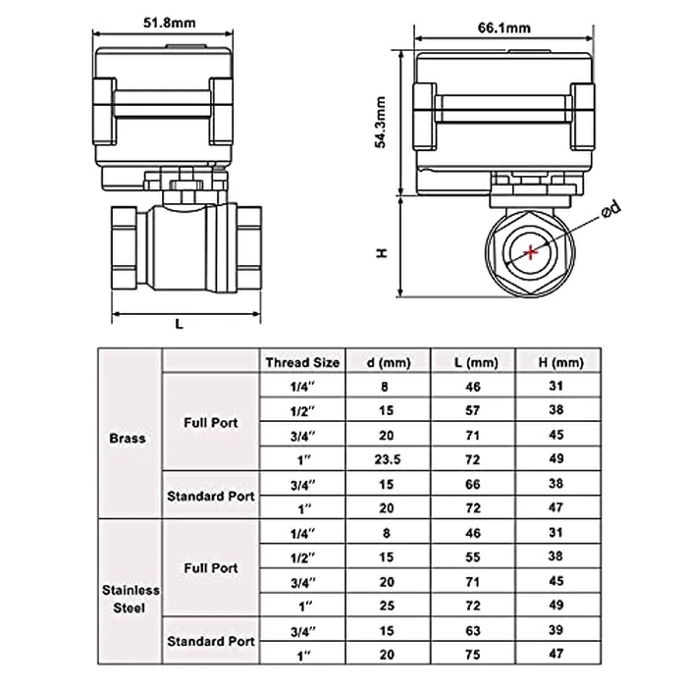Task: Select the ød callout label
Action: (x=609, y=208)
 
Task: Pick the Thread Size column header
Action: (x=302, y=362)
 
